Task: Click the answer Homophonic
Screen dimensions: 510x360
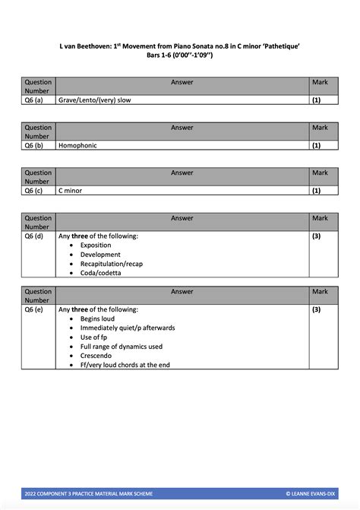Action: [x=78, y=145]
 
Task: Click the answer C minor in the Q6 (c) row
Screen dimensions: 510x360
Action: [x=70, y=191]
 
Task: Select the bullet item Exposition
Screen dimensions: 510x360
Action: [x=96, y=245]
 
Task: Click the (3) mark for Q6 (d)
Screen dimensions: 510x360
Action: [x=317, y=236]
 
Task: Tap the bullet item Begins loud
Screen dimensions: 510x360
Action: [x=97, y=319]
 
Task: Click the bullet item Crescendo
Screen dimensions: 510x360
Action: [x=96, y=356]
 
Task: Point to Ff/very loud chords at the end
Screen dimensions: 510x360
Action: [x=125, y=365]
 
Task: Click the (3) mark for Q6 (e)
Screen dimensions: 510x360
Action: [x=317, y=310]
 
